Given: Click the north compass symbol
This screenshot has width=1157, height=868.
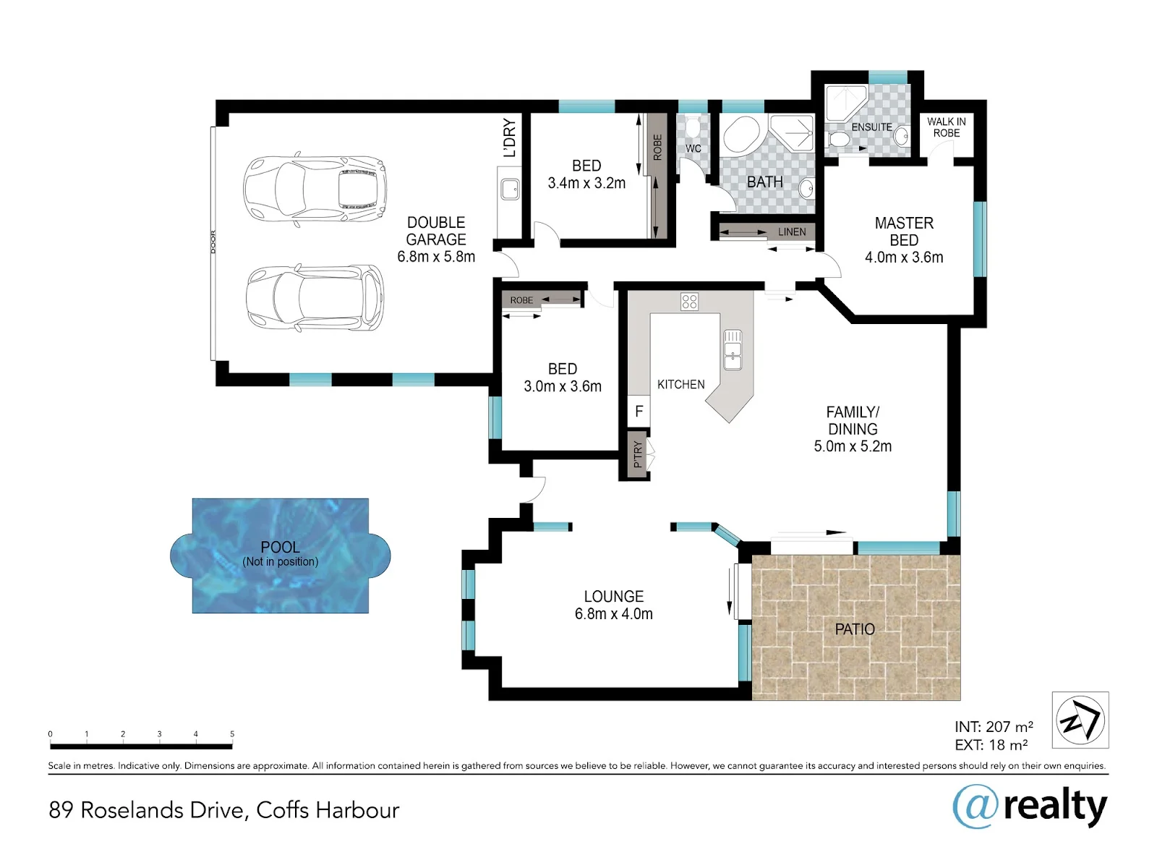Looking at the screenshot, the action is click(x=1080, y=720).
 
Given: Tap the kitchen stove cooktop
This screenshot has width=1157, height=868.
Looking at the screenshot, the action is click(x=689, y=302).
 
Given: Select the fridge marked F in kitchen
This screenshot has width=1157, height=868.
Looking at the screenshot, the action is click(x=639, y=411).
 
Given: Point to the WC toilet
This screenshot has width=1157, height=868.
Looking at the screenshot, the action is click(x=692, y=127).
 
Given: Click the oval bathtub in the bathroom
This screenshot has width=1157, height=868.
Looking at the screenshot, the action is click(x=741, y=135).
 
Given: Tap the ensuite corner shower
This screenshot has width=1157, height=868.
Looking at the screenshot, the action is click(x=845, y=103).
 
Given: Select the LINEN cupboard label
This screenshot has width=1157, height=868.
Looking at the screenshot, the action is click(x=792, y=232).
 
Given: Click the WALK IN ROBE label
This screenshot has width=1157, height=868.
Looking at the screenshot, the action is click(x=946, y=127).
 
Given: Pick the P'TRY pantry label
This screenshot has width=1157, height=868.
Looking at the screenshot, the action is click(x=638, y=454).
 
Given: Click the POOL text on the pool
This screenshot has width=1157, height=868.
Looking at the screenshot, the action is click(x=280, y=547).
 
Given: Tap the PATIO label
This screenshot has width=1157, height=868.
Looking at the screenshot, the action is click(x=855, y=629).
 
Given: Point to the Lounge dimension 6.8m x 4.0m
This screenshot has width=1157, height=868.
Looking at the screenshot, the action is click(x=613, y=614).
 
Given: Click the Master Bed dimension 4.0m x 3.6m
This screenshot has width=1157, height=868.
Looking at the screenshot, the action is click(x=904, y=258).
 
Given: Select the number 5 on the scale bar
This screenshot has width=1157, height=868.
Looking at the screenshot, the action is click(x=232, y=733).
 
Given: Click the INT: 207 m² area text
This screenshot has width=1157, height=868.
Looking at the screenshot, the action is click(x=994, y=727).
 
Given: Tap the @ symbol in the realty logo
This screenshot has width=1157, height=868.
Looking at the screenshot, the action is click(x=975, y=807).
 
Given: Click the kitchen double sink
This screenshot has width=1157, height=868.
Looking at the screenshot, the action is click(x=733, y=349).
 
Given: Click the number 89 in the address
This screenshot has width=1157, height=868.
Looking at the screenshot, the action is click(x=61, y=810).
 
